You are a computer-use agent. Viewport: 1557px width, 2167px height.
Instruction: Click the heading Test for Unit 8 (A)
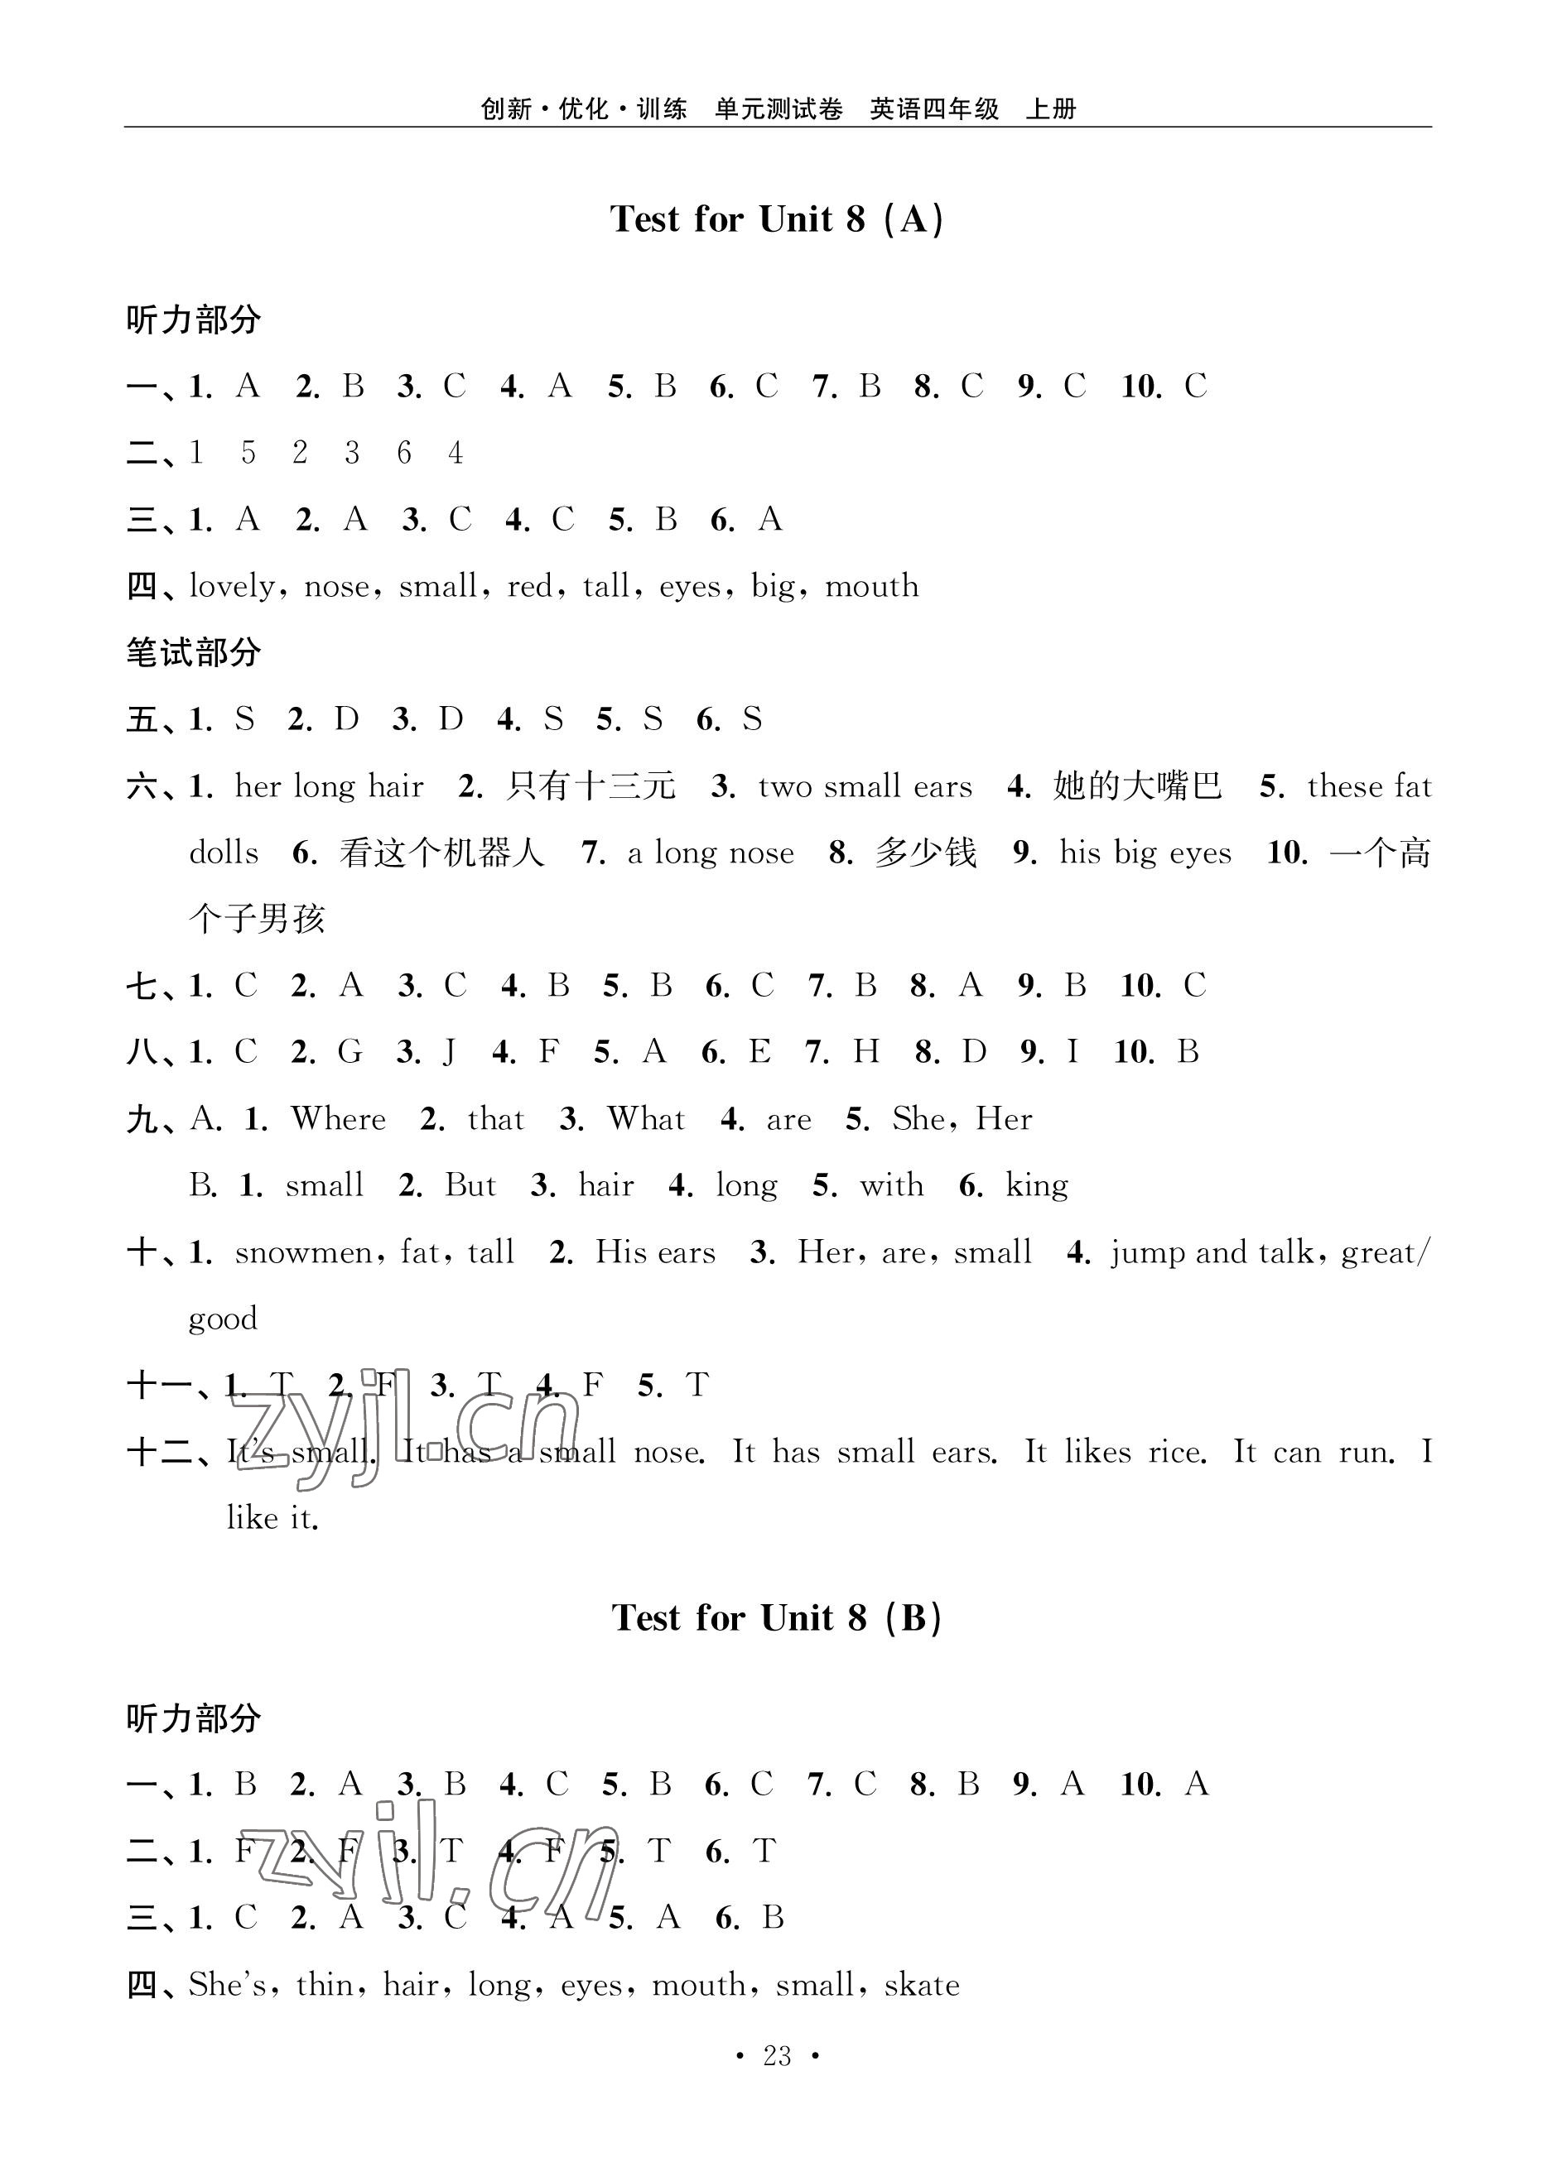[777, 219]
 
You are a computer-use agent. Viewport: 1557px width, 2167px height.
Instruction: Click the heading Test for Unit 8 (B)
[777, 1617]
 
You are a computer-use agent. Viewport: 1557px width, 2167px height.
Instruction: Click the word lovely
[232, 586]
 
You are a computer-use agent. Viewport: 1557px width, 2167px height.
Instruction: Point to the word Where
[339, 1119]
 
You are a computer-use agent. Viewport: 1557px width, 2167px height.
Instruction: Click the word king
[1037, 1186]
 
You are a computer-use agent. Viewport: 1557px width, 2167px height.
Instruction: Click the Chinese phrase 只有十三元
[591, 786]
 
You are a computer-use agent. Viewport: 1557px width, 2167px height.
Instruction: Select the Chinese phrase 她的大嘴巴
[1137, 786]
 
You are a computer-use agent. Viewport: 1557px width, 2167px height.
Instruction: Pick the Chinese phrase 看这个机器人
[441, 853]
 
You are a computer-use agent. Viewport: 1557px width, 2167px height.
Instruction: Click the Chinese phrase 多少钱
[925, 853]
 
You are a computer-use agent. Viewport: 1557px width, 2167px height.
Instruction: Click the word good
[223, 1319]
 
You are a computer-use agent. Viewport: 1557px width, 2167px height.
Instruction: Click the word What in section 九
[646, 1119]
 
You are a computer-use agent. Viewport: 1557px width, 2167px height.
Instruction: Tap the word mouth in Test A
[872, 586]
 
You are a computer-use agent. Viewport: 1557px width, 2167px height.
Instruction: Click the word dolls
[224, 853]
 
